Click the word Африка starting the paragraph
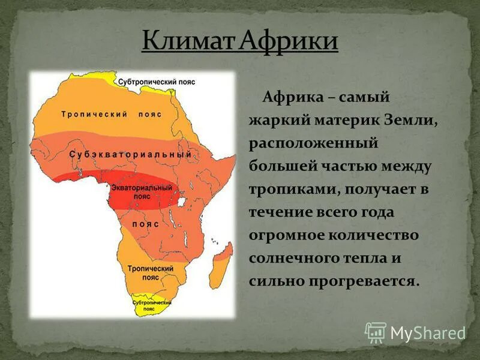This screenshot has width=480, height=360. tap(290, 97)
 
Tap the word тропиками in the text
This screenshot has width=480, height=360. tap(287, 190)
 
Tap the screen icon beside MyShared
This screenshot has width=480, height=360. tap(376, 332)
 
